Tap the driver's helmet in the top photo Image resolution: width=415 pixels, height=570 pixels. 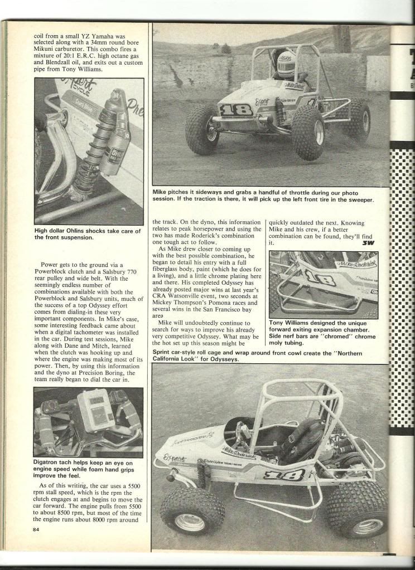(287, 62)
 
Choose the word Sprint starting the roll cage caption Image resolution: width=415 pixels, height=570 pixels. (163, 353)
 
